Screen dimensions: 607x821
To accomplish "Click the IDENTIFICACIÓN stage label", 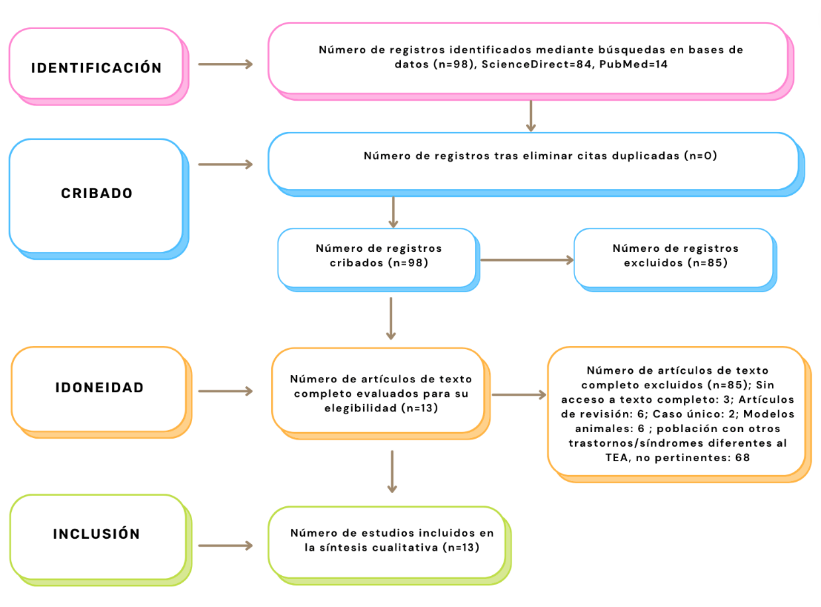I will click(x=96, y=68).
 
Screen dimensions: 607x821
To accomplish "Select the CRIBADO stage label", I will click(x=97, y=193).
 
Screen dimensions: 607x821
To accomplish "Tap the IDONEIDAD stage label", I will click(x=99, y=388).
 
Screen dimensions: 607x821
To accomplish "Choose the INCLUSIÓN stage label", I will click(x=97, y=533).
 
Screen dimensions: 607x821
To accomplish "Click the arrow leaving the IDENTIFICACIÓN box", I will click(x=226, y=64).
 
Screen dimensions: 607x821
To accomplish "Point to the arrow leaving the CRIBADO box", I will click(x=226, y=164).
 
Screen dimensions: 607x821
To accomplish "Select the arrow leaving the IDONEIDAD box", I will click(x=226, y=392).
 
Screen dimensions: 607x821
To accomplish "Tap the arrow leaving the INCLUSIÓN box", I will click(x=226, y=546).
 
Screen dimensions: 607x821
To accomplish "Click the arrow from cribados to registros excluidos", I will click(x=527, y=260).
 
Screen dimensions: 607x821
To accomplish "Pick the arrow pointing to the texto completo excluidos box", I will click(x=520, y=396).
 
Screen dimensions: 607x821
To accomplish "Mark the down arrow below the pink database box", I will click(x=530, y=116).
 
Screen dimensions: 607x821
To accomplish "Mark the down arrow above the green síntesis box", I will click(x=392, y=472).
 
